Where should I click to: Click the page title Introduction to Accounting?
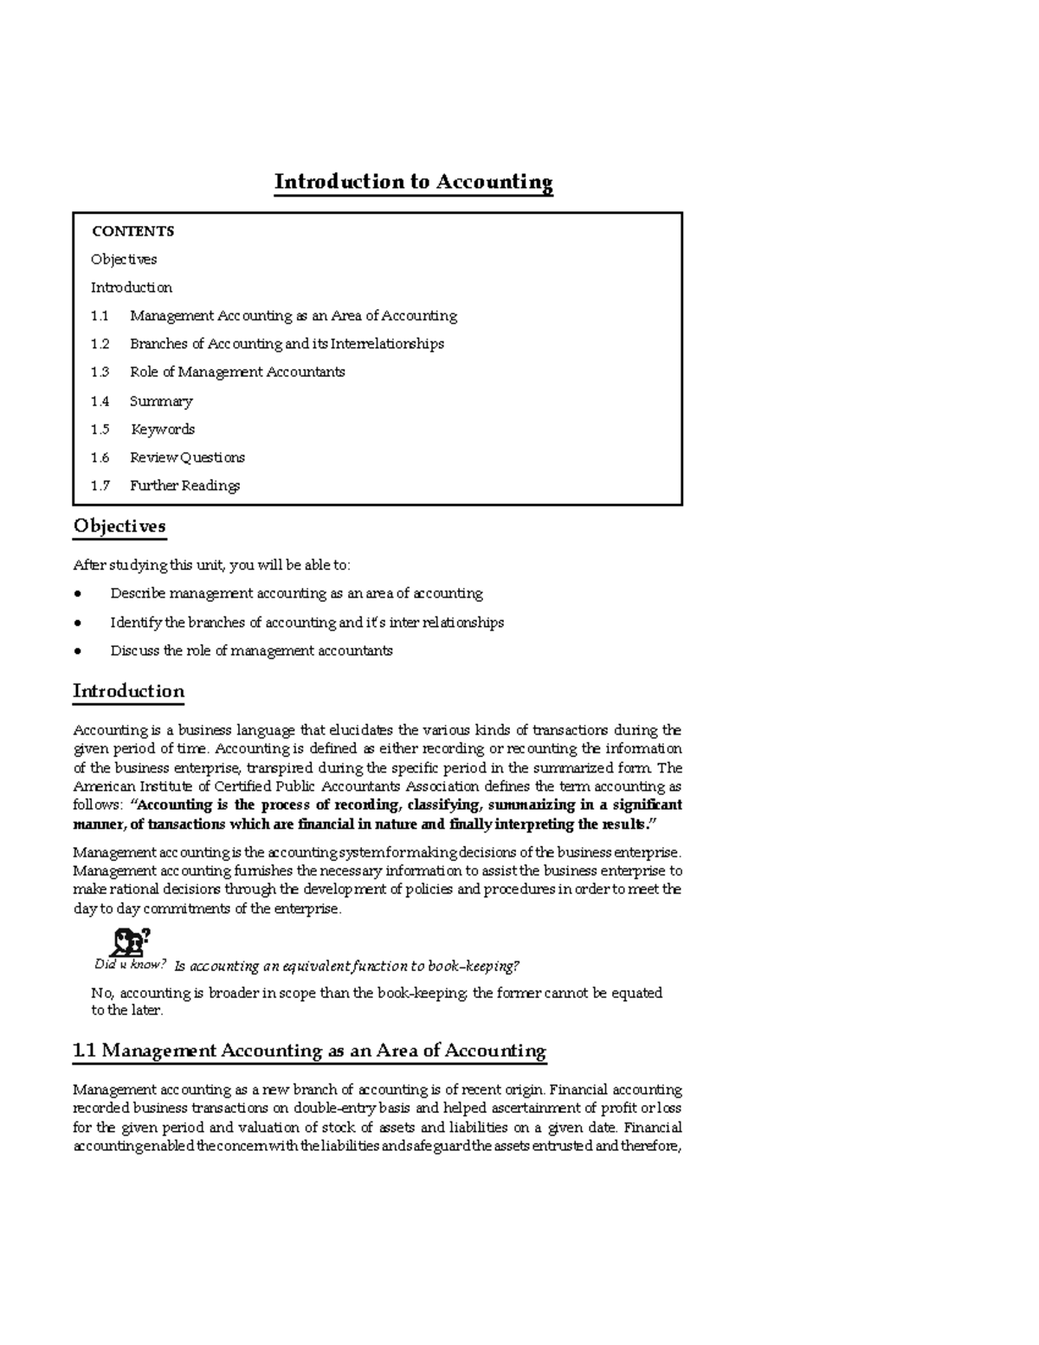pyautogui.click(x=413, y=182)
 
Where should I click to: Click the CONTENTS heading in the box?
pyautogui.click(x=132, y=231)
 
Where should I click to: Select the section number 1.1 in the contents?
pyautogui.click(x=100, y=316)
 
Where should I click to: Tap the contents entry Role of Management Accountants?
pyautogui.click(x=237, y=372)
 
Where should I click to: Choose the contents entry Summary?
pyautogui.click(x=161, y=401)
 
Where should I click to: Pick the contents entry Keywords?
pyautogui.click(x=163, y=430)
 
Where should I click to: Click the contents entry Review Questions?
pyautogui.click(x=187, y=457)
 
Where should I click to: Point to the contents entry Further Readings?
pyautogui.click(x=184, y=486)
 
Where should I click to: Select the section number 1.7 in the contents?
pyautogui.click(x=100, y=486)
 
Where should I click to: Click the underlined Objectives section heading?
pyautogui.click(x=119, y=527)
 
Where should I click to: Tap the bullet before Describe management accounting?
pyautogui.click(x=78, y=594)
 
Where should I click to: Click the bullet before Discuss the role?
pyautogui.click(x=78, y=651)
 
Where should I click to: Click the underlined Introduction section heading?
pyautogui.click(x=128, y=691)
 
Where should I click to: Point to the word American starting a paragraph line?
pyautogui.click(x=99, y=787)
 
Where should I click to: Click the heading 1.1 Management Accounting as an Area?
pyautogui.click(x=309, y=1051)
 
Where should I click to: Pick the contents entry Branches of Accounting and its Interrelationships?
pyautogui.click(x=287, y=344)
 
